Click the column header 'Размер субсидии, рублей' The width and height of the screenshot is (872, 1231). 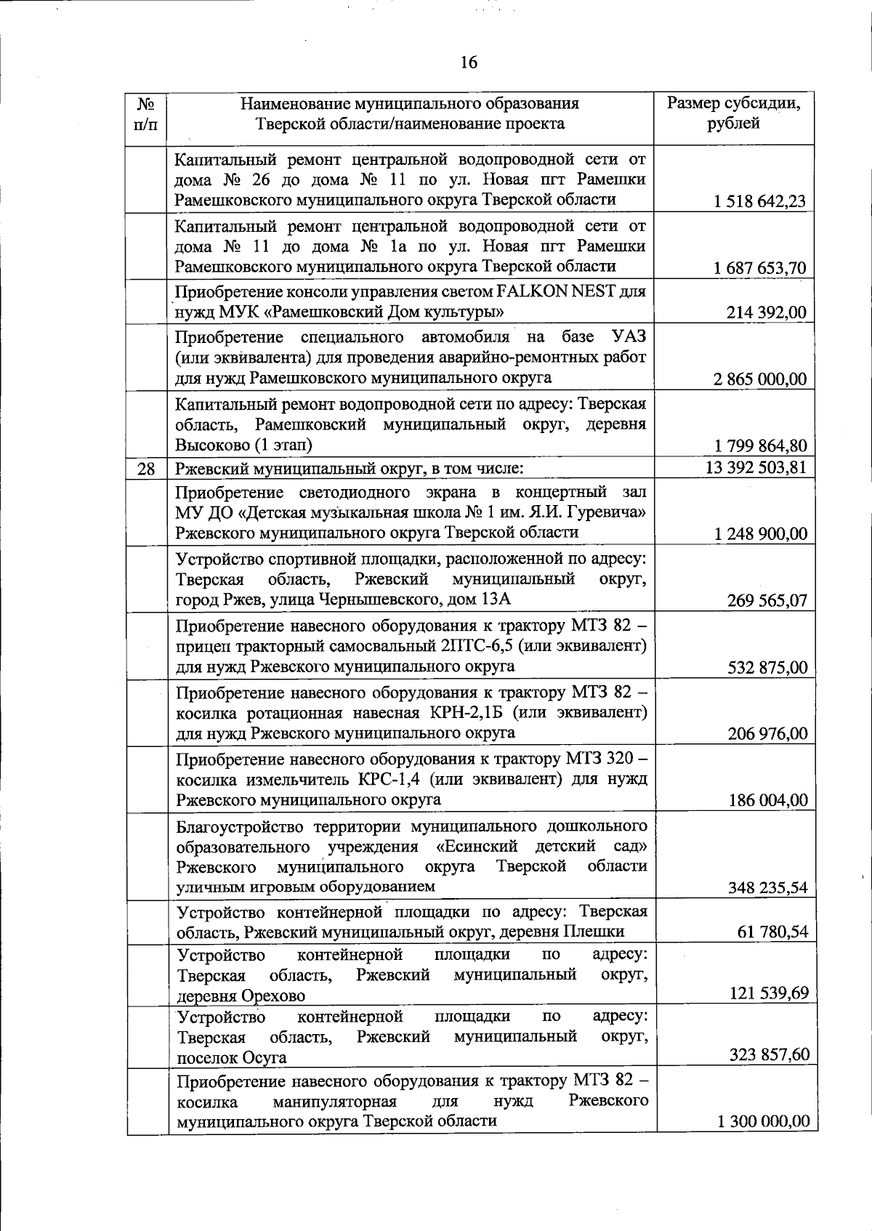click(734, 113)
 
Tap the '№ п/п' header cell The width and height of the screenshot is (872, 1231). click(146, 113)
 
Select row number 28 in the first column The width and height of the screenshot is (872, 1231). click(146, 469)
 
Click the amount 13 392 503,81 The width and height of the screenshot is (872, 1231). click(756, 467)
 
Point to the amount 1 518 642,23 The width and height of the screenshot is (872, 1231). click(760, 201)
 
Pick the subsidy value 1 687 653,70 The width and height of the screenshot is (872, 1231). click(760, 268)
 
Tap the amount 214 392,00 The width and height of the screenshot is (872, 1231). click(767, 313)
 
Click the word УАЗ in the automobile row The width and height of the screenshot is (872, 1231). click(629, 337)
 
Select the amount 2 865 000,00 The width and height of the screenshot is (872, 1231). click(760, 379)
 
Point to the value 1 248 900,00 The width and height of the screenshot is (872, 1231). click(760, 534)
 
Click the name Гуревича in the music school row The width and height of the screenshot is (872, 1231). click(609, 512)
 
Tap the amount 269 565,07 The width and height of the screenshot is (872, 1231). click(767, 601)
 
